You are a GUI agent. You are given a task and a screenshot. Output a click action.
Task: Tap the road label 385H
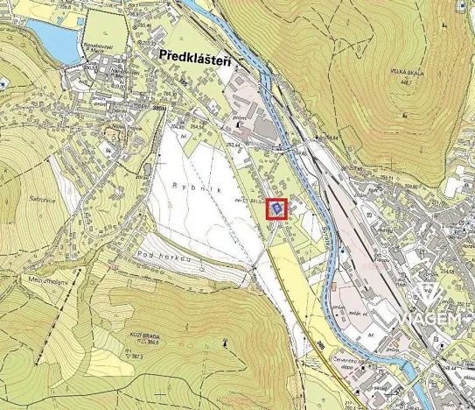pos(158,107)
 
